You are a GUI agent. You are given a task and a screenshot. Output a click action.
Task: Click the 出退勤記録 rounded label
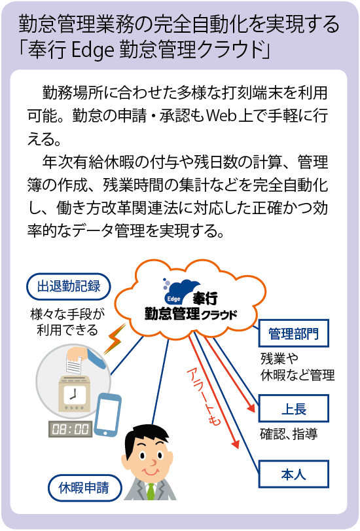(x=69, y=287)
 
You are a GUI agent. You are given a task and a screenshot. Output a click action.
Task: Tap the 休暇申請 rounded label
(x=84, y=488)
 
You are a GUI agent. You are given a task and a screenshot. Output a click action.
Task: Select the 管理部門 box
(x=294, y=333)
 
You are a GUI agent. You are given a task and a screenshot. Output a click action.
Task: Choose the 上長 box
(x=294, y=409)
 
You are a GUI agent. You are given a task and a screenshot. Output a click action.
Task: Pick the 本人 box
(x=294, y=474)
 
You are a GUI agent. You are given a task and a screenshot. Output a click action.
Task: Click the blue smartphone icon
(x=107, y=415)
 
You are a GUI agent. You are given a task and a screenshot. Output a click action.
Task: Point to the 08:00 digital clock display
(x=71, y=429)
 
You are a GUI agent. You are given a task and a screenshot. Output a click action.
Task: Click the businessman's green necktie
(x=151, y=491)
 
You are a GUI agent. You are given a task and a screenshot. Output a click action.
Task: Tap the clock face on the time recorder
(x=74, y=394)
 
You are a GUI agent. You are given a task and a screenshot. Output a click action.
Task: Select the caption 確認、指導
(x=289, y=434)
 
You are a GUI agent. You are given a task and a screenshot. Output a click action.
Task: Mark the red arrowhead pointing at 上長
(x=251, y=407)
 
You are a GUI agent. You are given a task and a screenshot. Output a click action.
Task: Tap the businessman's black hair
(x=147, y=437)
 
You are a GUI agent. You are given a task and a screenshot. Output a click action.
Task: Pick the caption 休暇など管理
(x=297, y=375)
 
